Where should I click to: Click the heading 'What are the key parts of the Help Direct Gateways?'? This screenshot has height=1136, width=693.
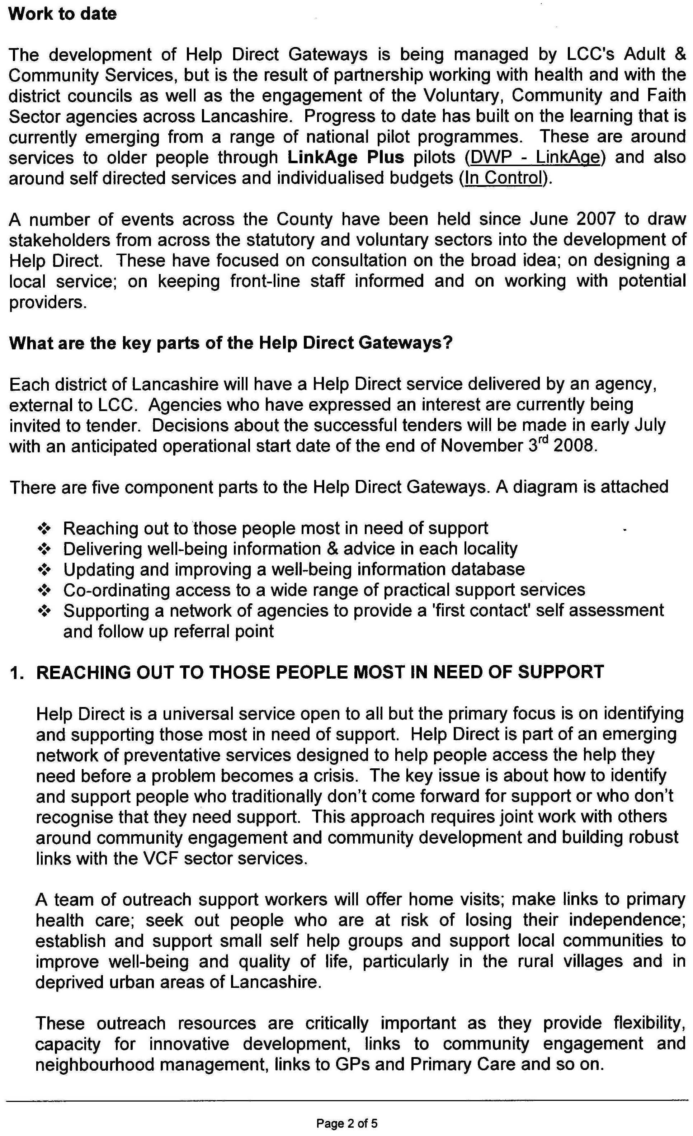click(231, 343)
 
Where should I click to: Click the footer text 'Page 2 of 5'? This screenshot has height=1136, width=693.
click(347, 1120)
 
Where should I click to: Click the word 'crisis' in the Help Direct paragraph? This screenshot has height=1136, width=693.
click(334, 776)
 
